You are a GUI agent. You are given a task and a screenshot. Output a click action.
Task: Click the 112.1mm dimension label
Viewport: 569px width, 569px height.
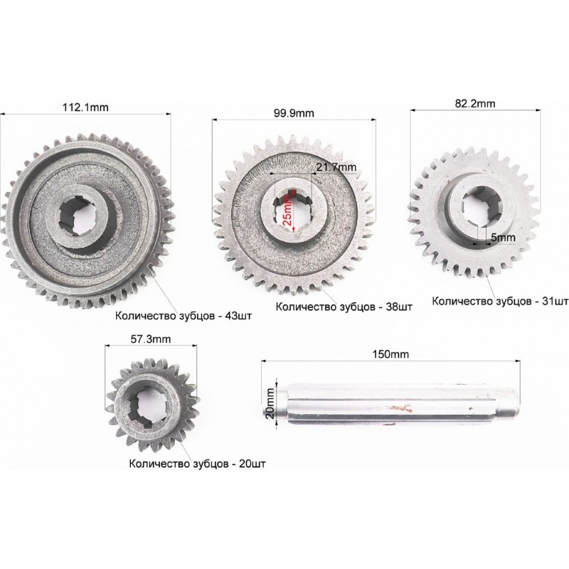coord(85,107)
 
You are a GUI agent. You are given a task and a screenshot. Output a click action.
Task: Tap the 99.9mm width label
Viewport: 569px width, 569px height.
coord(294,113)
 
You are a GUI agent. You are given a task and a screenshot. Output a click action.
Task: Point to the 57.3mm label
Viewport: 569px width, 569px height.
coord(151,339)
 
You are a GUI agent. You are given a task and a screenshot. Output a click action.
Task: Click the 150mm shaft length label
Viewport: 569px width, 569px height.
coord(390,353)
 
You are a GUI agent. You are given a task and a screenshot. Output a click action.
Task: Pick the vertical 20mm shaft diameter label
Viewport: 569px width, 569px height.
coord(270,403)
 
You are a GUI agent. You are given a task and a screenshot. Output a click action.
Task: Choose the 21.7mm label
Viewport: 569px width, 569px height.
coord(336,167)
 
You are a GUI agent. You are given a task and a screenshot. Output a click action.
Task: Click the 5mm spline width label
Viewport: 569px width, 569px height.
coord(503,238)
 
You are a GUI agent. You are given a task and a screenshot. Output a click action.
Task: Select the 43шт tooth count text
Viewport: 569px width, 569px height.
coord(238,316)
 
